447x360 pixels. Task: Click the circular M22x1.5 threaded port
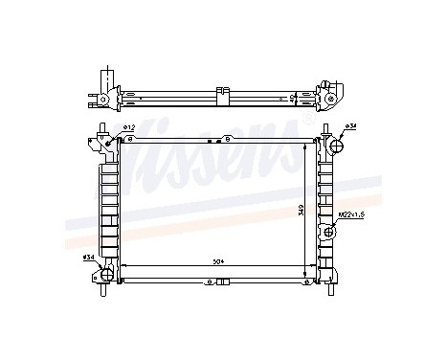tap(333, 230)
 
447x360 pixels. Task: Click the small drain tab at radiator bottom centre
tap(221, 282)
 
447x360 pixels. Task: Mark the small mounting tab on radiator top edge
tap(222, 137)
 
